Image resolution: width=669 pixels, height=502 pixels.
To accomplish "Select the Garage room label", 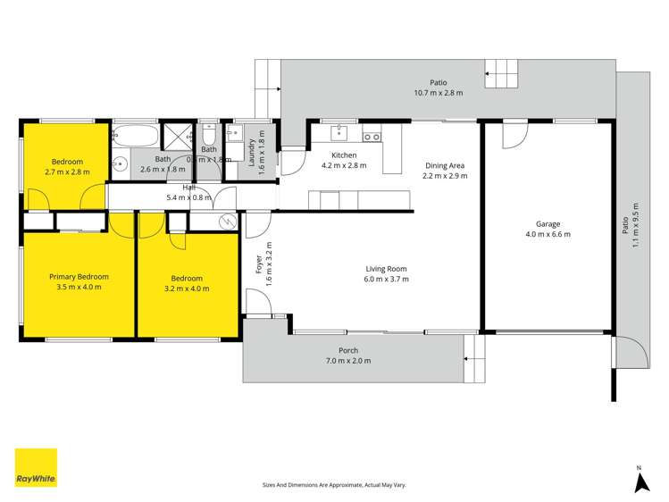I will click(548, 224).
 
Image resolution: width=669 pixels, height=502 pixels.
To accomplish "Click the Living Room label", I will click(387, 269).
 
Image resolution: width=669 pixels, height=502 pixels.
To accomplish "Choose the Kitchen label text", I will click(344, 155).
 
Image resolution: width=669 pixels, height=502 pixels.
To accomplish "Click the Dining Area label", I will click(446, 165).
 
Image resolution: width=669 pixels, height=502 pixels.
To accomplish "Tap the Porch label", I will click(348, 350).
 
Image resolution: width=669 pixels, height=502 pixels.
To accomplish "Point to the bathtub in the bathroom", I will click(135, 137).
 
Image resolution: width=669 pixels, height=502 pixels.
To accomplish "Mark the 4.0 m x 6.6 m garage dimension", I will click(548, 234).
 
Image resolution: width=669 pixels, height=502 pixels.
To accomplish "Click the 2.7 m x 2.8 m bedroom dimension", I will click(67, 172).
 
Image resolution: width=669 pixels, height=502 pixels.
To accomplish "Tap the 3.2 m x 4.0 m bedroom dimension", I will click(187, 288).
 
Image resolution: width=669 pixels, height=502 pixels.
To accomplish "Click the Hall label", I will click(189, 188).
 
